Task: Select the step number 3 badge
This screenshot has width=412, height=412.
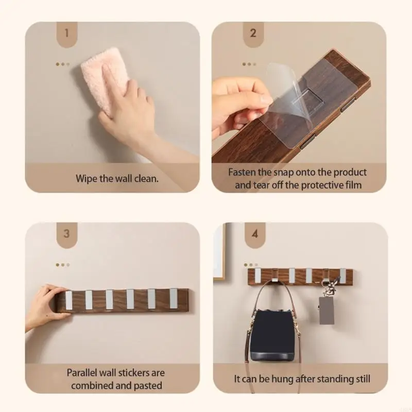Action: (66, 233)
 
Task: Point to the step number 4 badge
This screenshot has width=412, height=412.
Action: (254, 233)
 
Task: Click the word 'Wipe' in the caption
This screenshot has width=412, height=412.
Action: (87, 179)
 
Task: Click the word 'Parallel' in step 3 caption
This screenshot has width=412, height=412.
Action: (83, 372)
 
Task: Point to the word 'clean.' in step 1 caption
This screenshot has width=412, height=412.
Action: (146, 179)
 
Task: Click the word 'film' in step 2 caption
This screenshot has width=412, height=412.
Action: (353, 185)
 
